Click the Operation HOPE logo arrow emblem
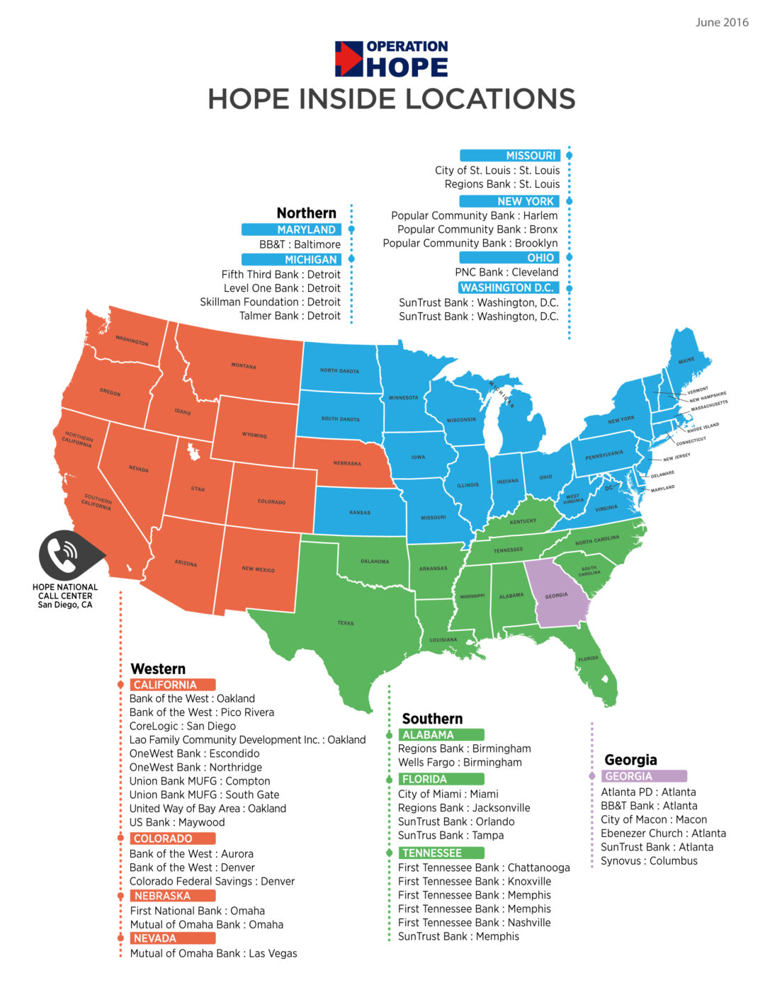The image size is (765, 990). tap(348, 59)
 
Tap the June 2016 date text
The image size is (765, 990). tap(721, 23)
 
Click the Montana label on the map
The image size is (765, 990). tap(244, 366)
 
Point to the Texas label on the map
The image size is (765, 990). tap(346, 623)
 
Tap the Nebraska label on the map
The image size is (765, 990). tap(347, 463)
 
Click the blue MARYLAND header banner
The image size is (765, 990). tap(292, 229)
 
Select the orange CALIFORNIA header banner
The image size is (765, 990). tap(174, 685)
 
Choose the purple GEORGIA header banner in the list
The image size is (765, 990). tap(644, 776)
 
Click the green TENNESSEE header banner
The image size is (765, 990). tap(441, 853)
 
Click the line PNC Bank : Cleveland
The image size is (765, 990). tap(506, 272)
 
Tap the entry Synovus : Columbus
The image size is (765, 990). tap(649, 861)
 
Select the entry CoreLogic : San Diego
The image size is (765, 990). tap(183, 726)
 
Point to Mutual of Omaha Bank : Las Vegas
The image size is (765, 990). tap(214, 953)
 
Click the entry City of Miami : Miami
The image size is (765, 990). tap(448, 794)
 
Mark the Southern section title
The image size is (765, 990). tap(432, 718)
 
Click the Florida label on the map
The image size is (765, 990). tap(588, 659)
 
